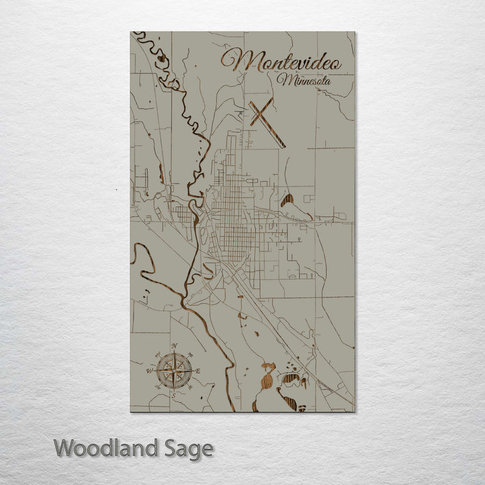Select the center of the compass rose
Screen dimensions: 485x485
pyautogui.click(x=174, y=369)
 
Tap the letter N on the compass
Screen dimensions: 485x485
pyautogui.click(x=174, y=346)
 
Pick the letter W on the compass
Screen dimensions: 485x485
pyautogui.click(x=150, y=370)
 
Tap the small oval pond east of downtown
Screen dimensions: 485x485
pyautogui.click(x=288, y=199)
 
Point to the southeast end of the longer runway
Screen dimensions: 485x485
pyautogui.click(x=284, y=145)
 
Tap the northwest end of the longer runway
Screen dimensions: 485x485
pyautogui.click(x=250, y=102)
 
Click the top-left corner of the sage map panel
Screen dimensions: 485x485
pyautogui.click(x=131, y=32)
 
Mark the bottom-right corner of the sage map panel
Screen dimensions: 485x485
pyautogui.click(x=354, y=411)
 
